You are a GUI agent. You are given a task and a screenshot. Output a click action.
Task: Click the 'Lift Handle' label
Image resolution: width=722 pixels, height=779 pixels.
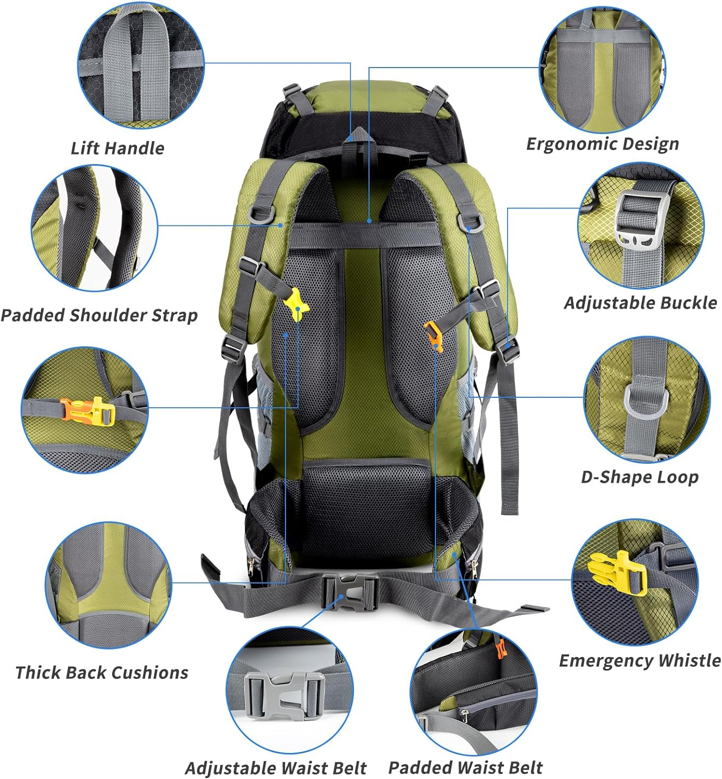point(117,149)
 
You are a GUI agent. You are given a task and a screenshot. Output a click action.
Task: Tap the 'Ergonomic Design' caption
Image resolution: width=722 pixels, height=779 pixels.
point(602,144)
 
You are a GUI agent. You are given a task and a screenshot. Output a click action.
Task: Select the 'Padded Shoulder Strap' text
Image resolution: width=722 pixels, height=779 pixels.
point(99,315)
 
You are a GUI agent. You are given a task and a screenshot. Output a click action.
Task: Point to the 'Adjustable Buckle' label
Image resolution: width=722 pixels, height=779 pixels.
point(641,303)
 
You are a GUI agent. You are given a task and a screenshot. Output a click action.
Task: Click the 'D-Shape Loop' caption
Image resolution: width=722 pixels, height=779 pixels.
point(639,477)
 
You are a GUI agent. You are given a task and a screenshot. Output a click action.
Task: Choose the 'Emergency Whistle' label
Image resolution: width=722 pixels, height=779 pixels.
point(639,661)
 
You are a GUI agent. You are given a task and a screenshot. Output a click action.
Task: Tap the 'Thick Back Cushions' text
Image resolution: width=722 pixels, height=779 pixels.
point(102,673)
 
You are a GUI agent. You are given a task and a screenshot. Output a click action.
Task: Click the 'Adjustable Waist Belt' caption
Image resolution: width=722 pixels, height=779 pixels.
point(276,768)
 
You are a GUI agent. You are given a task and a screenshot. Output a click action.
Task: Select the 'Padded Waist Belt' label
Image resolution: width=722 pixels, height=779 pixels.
point(465,768)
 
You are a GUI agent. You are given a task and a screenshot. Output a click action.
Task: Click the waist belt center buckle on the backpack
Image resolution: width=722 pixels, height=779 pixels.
point(350,592)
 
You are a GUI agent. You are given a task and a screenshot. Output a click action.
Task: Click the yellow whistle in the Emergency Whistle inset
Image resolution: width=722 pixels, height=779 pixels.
point(618,572)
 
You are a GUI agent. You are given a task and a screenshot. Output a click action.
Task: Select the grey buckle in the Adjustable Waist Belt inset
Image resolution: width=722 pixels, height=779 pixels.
point(283,695)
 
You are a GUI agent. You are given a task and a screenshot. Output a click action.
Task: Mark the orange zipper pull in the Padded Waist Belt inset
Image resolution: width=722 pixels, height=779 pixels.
point(500,649)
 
